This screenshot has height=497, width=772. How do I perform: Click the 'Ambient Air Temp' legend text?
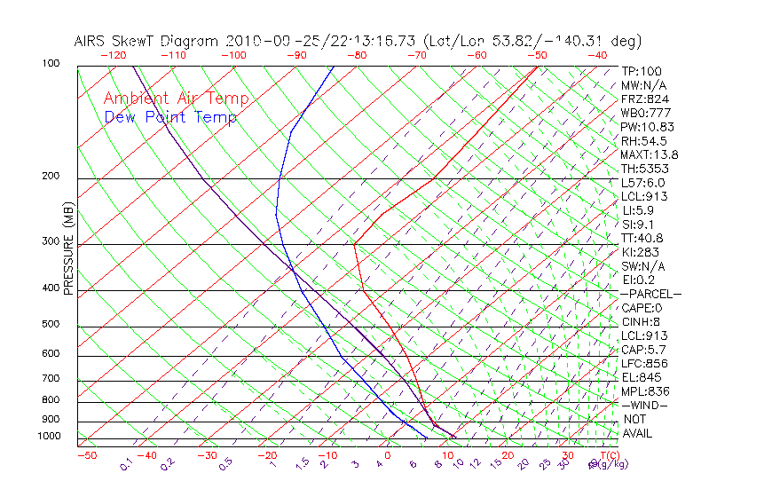176,99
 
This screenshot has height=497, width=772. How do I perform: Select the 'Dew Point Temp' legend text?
170,117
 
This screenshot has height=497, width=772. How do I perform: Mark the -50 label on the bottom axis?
86,456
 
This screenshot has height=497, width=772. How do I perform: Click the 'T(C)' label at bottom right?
607,456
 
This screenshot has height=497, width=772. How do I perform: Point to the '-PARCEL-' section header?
650,294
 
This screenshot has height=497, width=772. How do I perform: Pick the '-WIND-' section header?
644,405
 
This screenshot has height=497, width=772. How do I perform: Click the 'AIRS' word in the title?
91,42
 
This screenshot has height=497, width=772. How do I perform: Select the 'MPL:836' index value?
645,391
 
